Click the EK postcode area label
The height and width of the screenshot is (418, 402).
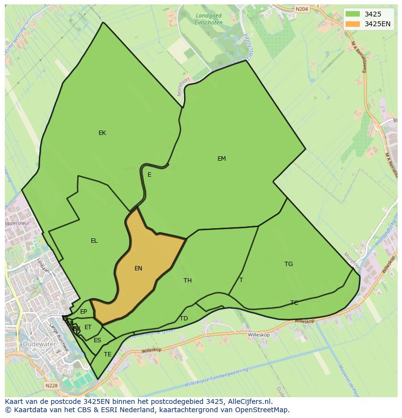102,133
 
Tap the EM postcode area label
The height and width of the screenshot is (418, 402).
221,159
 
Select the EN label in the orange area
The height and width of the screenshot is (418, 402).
138,268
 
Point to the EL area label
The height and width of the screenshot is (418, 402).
94,241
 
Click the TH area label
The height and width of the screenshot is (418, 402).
187,281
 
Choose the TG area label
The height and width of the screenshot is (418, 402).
288,264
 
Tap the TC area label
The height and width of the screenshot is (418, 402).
294,303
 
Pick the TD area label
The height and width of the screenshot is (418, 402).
184,318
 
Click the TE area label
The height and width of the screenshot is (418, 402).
108,354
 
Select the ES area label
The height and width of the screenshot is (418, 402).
97,340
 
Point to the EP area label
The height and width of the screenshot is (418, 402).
84,312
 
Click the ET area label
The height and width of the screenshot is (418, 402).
88,327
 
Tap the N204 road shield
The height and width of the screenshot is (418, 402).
301,9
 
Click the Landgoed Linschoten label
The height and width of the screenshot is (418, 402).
208,19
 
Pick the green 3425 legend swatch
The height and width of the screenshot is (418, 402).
353,14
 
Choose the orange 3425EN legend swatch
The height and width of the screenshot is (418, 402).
353,24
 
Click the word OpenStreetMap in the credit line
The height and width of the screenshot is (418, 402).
263,410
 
